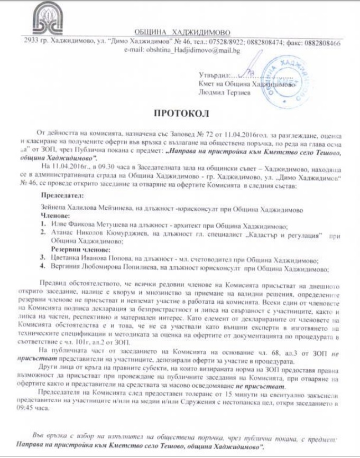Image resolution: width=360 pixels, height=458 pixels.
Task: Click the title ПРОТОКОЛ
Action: (x=181, y=113)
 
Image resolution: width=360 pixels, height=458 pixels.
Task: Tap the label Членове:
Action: (x=56, y=216)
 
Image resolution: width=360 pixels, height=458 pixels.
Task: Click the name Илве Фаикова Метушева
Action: (x=88, y=224)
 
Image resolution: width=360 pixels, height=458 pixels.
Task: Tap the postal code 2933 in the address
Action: (x=32, y=43)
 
